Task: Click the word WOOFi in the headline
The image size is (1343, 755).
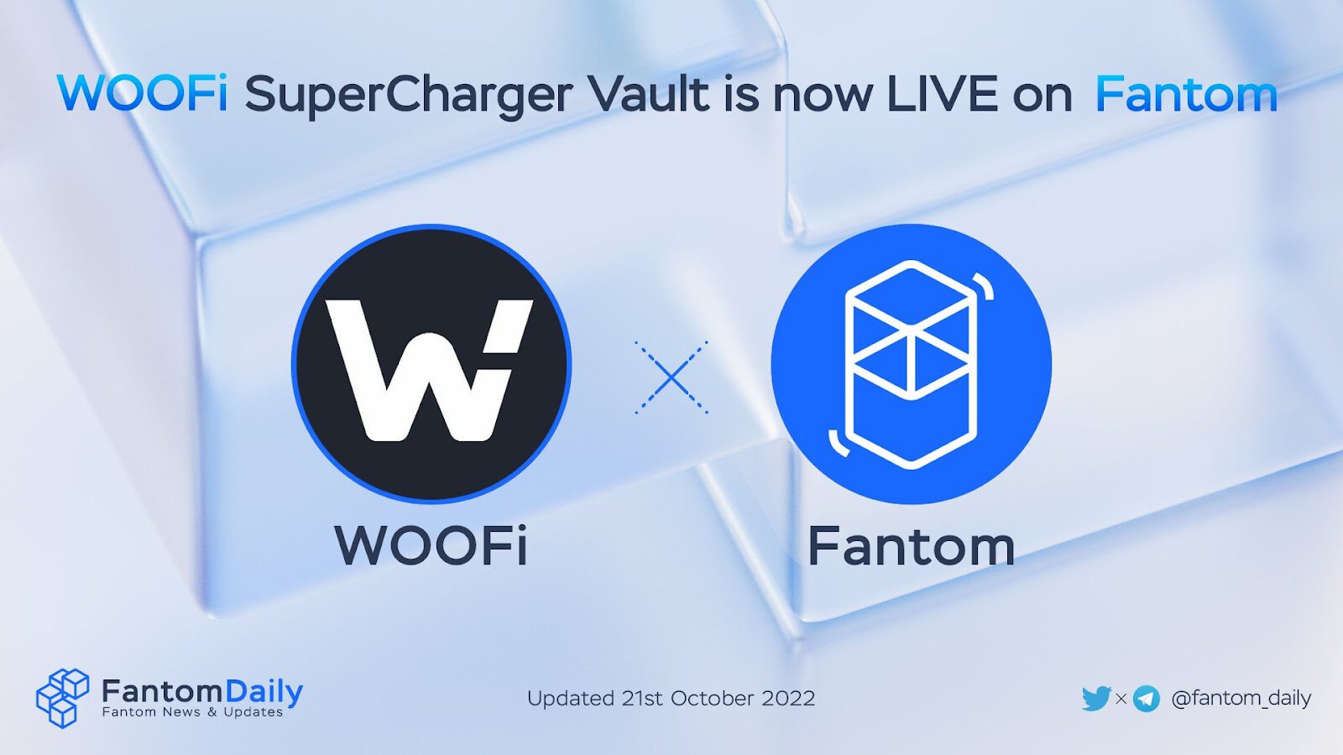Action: coord(142,93)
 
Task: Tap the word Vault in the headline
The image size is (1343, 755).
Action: coord(650,93)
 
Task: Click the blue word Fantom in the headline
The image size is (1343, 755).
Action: coord(1186,93)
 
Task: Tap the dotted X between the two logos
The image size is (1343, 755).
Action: coord(671,377)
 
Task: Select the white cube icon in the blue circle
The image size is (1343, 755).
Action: coord(912,364)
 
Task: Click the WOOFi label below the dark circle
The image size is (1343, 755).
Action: coord(431,546)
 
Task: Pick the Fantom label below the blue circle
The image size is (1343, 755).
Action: coord(911,546)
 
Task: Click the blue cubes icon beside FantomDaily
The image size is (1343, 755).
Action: coord(62,697)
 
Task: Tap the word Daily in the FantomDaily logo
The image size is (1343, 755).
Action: coord(264,691)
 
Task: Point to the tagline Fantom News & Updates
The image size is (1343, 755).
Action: coord(192,712)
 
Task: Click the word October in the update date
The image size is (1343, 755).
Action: coord(712,698)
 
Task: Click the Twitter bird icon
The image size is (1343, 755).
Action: coord(1096,698)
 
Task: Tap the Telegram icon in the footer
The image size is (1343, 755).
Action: coord(1146,698)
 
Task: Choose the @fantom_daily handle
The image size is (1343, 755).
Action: coord(1241,698)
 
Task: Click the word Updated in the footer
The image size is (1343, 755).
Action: coord(571,698)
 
